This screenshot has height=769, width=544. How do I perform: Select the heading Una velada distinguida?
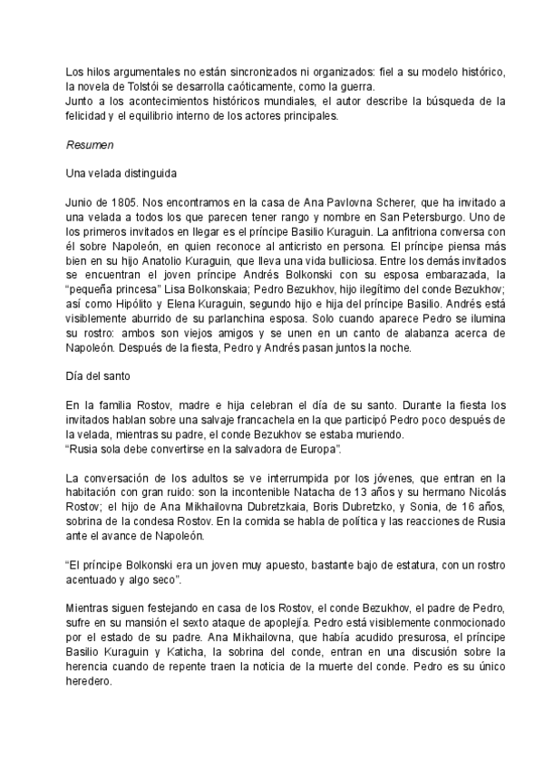121,172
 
